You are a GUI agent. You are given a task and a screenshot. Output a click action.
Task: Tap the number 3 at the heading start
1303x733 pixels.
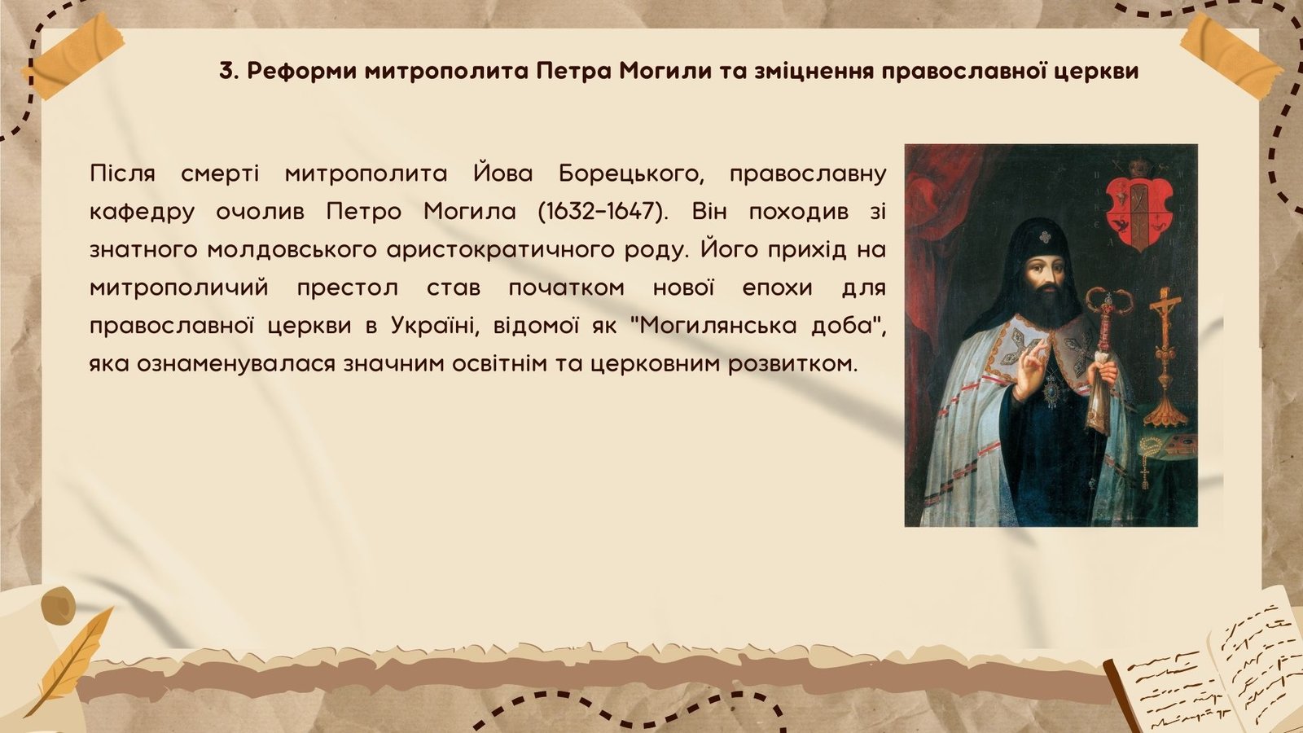[x=226, y=71]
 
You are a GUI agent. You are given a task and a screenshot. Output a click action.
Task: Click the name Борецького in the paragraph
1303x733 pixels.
[x=632, y=174]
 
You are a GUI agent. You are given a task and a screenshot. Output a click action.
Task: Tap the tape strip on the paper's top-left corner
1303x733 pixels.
[x=72, y=55]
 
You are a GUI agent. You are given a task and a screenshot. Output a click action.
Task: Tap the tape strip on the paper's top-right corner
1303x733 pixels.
[x=1231, y=55]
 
